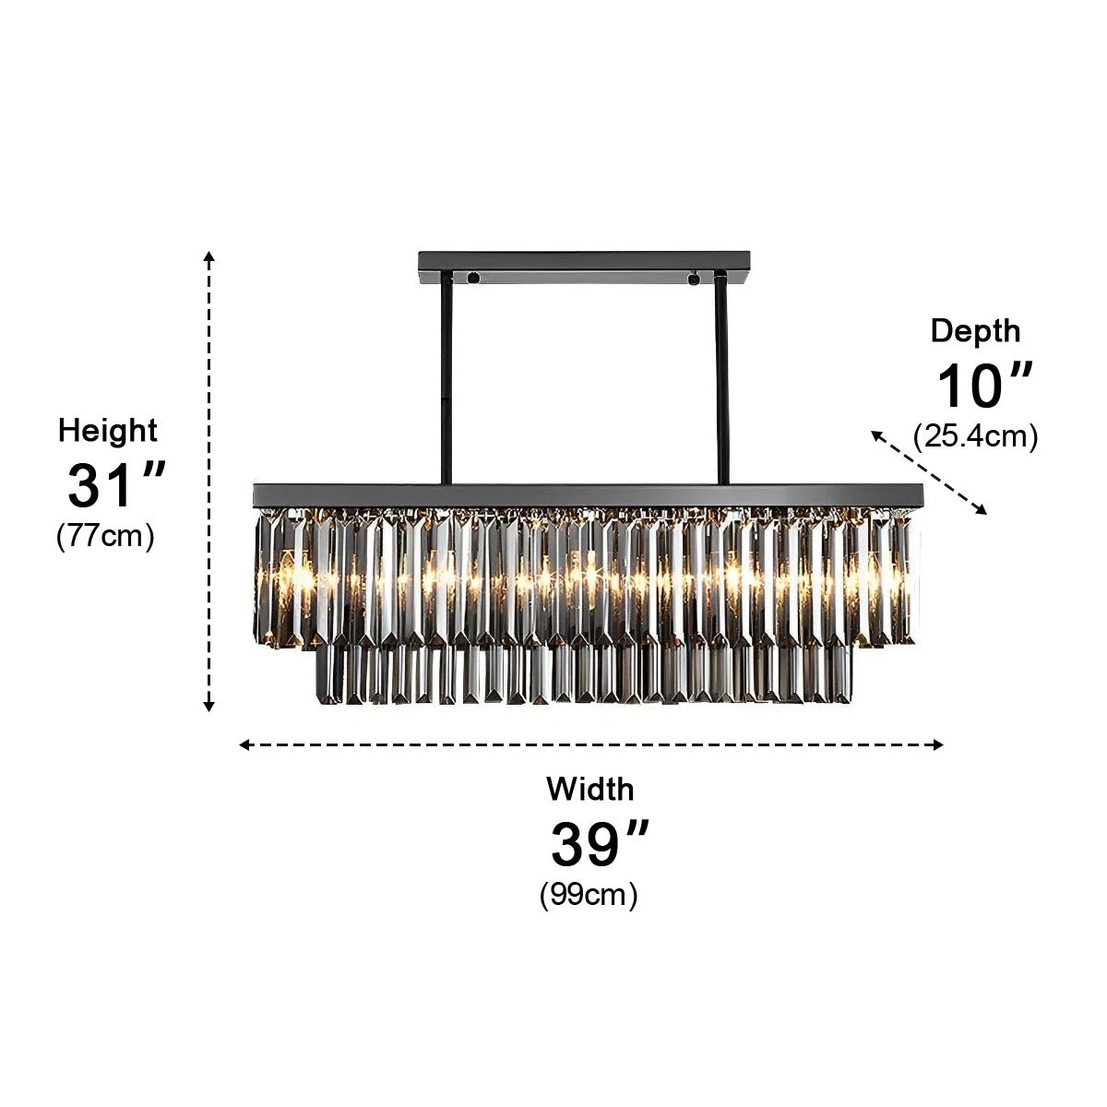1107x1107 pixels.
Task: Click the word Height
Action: tap(107, 432)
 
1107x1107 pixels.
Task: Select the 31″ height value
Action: tap(116, 485)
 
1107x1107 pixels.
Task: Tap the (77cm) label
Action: tap(106, 537)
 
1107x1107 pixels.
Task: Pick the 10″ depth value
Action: tap(984, 385)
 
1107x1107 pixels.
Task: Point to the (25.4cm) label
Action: tap(975, 436)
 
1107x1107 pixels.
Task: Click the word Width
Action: tap(590, 789)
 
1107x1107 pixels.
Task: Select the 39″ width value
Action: tap(600, 844)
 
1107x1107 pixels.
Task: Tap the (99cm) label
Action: tap(589, 895)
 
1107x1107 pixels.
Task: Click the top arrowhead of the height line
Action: tap(209, 256)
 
